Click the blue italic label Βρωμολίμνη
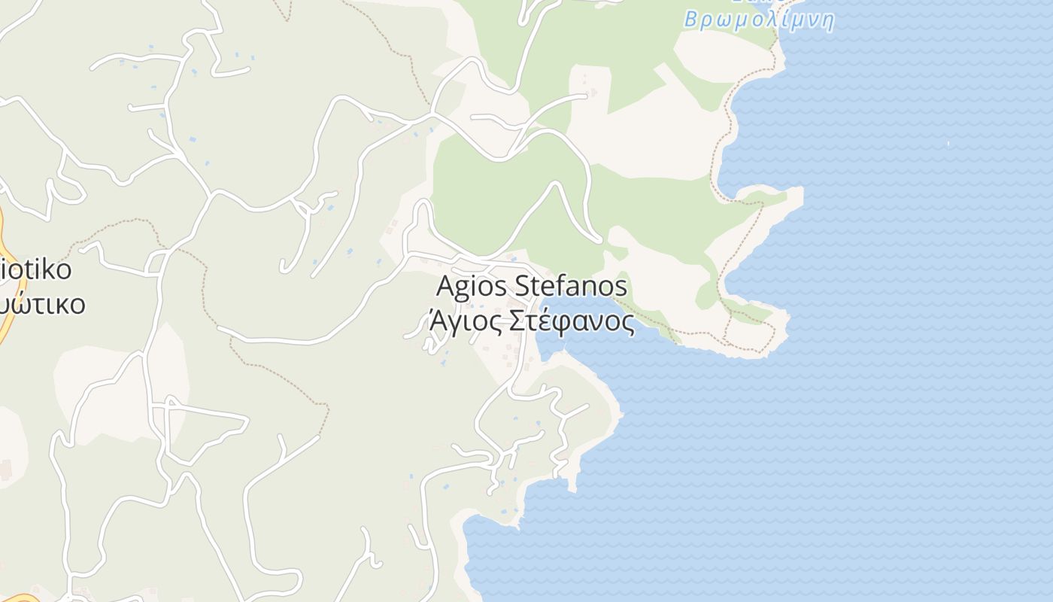tap(758, 20)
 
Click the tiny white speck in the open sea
tap(948, 143)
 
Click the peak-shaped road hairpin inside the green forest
tap(557, 184)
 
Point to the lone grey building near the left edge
tap(6, 470)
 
